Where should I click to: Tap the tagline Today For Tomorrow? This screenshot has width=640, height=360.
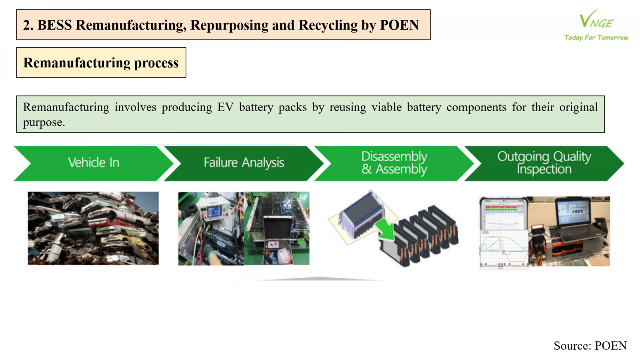click(596, 38)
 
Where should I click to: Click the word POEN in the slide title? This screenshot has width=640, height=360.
click(399, 25)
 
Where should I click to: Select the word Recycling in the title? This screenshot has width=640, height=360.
click(328, 25)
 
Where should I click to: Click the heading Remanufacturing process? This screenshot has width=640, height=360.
click(101, 63)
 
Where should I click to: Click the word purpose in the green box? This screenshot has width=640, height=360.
click(42, 123)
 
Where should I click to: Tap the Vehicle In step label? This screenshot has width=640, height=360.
click(94, 162)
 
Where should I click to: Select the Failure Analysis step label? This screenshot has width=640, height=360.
click(244, 162)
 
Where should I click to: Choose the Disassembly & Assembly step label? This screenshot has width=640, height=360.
click(394, 162)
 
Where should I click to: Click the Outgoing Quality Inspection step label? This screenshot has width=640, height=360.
click(544, 162)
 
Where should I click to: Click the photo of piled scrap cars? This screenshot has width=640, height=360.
click(93, 228)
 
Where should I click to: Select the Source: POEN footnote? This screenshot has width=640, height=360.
click(590, 346)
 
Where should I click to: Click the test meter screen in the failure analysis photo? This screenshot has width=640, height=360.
click(214, 212)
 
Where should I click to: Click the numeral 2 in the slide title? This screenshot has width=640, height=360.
click(26, 25)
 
